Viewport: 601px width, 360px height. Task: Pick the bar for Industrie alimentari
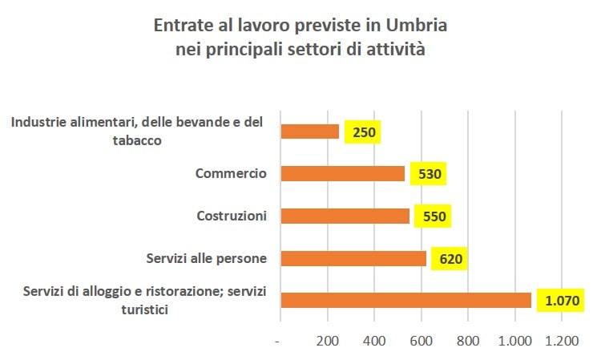point(310,131)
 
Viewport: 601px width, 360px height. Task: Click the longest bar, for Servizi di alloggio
point(406,300)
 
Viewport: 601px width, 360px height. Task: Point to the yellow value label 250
point(362,131)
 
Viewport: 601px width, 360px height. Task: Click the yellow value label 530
point(428,174)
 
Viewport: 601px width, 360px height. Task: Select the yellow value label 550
point(433,216)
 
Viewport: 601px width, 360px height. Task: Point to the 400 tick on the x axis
point(374,341)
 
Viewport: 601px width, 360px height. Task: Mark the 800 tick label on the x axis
point(468,341)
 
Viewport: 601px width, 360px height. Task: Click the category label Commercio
point(231,173)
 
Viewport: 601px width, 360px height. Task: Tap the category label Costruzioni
point(232,216)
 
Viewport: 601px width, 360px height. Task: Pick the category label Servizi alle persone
point(206,258)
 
